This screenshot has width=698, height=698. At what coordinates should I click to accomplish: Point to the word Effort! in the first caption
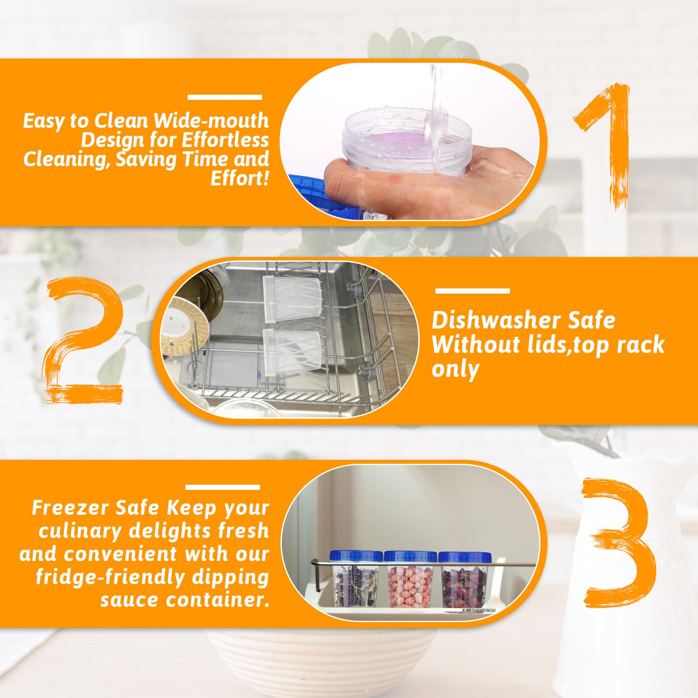[x=240, y=178]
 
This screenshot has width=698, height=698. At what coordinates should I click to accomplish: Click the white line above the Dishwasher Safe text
[x=472, y=291]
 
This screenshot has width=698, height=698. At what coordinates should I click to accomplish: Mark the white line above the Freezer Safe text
[x=223, y=487]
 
